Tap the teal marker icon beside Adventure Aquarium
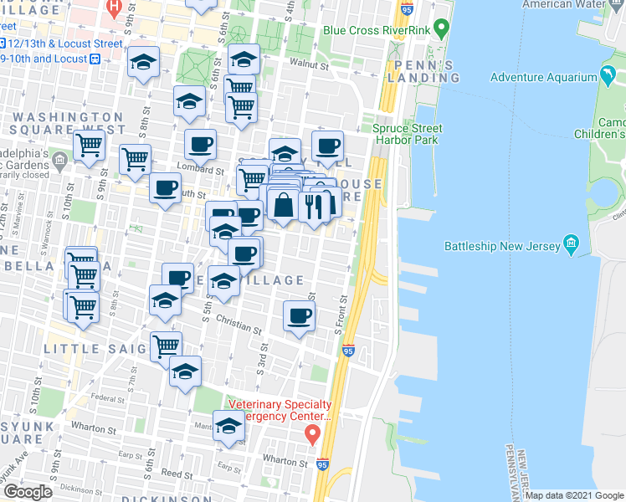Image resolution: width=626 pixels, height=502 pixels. pos(606,78)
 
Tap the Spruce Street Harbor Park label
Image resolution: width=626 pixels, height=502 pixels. pos(408,135)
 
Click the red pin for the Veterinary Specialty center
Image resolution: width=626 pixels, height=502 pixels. pos(313,434)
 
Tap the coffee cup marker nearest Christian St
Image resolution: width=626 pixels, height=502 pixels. pos(300,315)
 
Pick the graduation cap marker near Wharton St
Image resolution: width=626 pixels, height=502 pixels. pos(228,426)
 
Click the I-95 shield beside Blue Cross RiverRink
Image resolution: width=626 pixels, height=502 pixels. pos(407,10)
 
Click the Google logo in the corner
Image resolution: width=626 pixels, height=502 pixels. pos(28,491)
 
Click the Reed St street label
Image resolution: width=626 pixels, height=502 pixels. pos(177,474)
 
